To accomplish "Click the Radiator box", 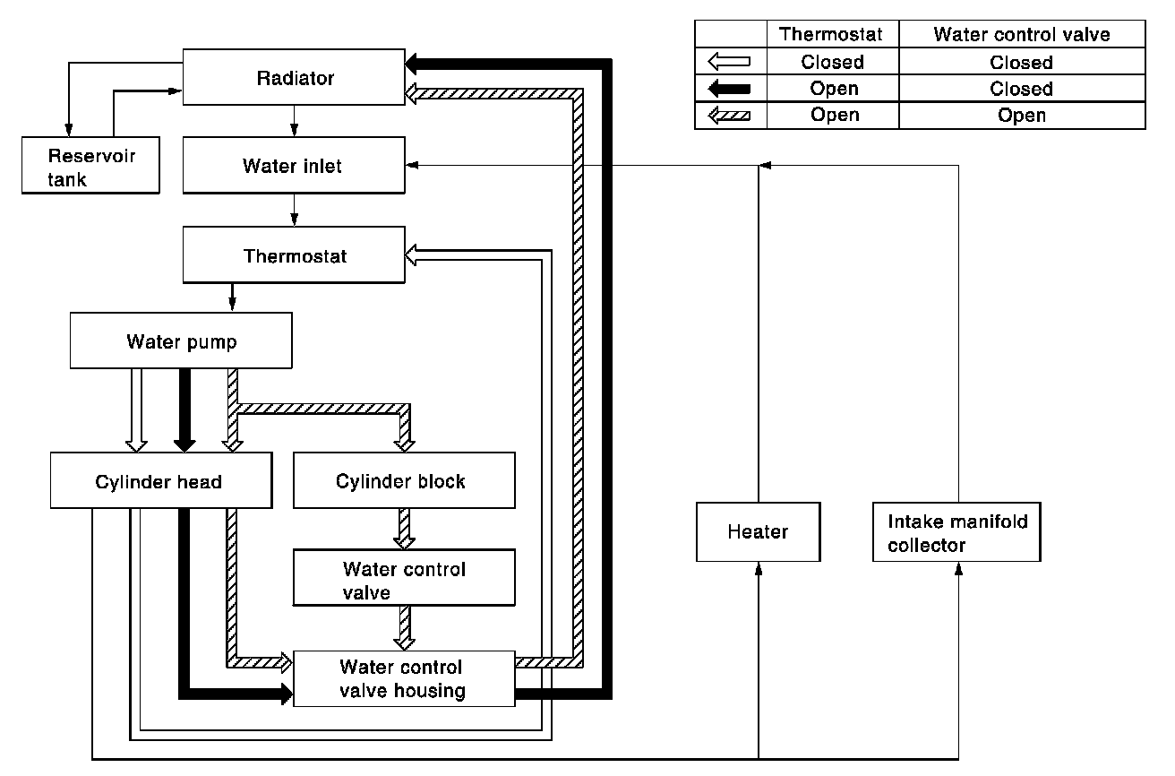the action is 294,77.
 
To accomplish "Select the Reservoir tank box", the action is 90,165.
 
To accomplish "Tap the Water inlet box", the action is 294,165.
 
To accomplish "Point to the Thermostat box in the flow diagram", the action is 294,255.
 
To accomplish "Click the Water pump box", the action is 181,341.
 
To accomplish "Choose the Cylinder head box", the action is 161,480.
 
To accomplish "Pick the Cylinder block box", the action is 404,480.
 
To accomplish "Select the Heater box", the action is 758,531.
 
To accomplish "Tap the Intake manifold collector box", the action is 956,531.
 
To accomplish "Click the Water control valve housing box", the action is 404,678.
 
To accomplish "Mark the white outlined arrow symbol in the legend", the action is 729,62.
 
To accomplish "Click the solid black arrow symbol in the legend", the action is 729,88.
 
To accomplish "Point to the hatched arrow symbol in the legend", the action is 729,115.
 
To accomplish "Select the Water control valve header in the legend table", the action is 1022,34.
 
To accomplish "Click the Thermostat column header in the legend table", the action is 831,34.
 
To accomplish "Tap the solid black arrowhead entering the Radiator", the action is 411,64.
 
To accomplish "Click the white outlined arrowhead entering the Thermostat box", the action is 411,255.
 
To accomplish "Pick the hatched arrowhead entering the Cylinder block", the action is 405,445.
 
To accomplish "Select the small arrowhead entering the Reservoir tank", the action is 69,130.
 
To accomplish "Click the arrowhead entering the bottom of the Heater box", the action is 759,568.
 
